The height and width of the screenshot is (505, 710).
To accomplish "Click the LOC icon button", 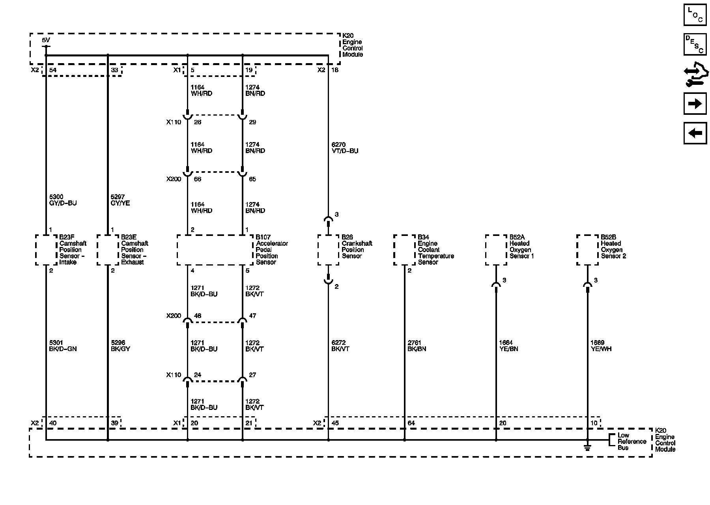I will tap(695, 15).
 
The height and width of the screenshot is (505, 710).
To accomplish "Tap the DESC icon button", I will tap(695, 44).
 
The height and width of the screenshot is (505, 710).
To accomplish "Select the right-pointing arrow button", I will tap(695, 103).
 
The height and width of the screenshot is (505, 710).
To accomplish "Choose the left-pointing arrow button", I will tap(695, 133).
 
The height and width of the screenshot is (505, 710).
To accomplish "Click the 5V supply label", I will tap(46, 40).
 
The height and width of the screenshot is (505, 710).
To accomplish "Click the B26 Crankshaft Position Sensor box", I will tap(328, 250).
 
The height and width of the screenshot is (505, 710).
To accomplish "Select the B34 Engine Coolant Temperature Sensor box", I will tap(404, 250).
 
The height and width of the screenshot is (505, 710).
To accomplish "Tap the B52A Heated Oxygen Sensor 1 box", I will tap(496, 250).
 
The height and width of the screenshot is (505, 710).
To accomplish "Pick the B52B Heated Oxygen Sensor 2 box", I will tap(587, 250).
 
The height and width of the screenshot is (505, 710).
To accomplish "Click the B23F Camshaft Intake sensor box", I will tap(46, 250).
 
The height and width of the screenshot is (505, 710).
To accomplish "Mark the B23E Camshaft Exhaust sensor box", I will tap(108, 250).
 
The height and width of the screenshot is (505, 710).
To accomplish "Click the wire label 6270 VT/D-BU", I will tap(345, 148).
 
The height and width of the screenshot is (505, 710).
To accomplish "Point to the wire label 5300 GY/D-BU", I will tap(62, 200).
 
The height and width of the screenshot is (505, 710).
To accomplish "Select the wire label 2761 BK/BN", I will tap(417, 346).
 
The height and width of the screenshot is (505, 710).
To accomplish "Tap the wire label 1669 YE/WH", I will tap(601, 346).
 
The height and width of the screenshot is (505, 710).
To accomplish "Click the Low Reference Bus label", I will tap(632, 441).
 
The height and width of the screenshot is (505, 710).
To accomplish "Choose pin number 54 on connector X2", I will tap(53, 70).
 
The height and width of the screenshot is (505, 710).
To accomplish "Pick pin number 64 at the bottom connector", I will tap(411, 423).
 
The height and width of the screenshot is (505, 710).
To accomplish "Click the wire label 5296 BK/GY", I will tap(120, 346).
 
